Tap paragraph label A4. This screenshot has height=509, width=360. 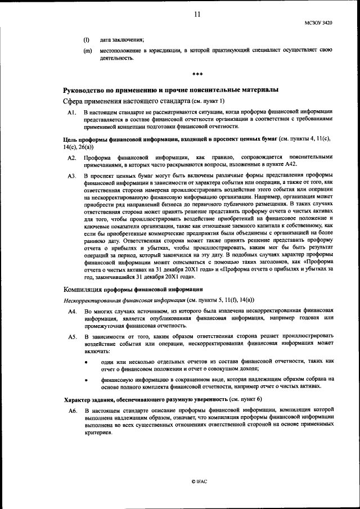point(71,312)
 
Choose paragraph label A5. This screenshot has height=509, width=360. point(71,337)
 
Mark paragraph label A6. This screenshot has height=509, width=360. point(71,412)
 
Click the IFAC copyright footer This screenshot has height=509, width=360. point(200,483)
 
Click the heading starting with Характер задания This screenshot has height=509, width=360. point(163,399)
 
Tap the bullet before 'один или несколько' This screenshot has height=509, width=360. point(86,362)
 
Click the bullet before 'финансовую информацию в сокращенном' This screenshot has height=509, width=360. point(86,380)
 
